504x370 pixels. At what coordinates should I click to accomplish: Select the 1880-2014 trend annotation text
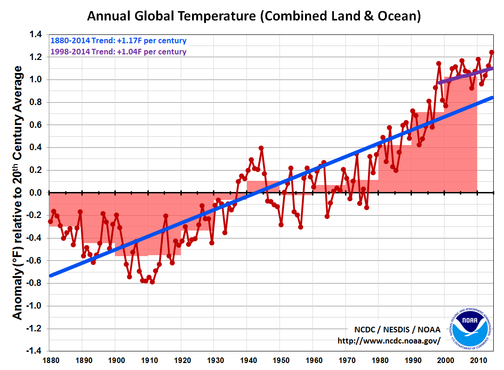point(119,40)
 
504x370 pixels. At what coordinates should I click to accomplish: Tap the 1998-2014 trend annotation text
point(119,52)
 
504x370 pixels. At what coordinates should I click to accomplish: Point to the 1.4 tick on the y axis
point(36,34)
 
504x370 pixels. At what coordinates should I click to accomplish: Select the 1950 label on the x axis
point(280,360)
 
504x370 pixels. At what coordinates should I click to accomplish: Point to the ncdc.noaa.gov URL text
point(389,341)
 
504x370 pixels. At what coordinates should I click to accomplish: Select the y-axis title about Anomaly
point(17,192)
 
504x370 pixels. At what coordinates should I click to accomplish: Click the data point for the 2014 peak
point(491,52)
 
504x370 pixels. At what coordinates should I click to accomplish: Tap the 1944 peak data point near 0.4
point(261,148)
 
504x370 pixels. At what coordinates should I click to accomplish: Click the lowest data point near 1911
point(152,282)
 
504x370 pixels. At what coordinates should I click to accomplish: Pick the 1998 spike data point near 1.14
point(438,64)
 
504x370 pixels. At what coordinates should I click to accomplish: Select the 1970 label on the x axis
point(346,360)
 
